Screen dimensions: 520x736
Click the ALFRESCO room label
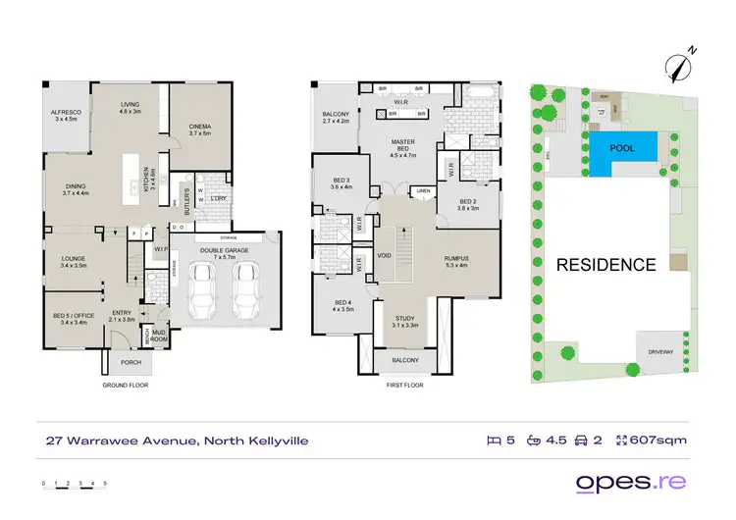coord(66,115)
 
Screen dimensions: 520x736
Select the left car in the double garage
coord(204,289)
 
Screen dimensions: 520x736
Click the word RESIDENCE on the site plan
coord(605,264)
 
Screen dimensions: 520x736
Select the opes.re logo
coord(631,483)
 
